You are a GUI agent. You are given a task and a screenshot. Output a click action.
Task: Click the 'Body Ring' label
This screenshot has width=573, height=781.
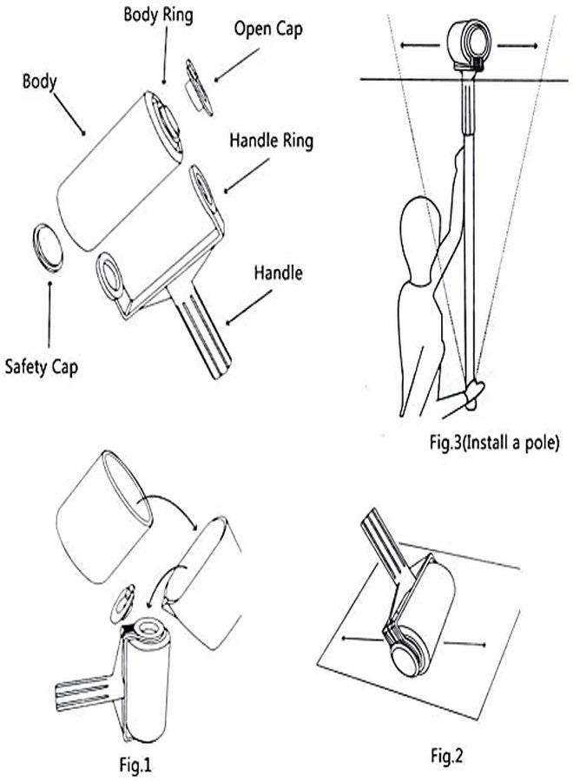(158, 15)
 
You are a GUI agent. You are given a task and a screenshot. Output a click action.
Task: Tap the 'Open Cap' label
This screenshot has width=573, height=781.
(268, 29)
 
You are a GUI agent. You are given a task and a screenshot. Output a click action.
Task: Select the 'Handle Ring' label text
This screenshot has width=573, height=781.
(272, 141)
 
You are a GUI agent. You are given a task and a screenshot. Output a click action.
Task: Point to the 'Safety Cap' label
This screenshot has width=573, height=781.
(42, 367)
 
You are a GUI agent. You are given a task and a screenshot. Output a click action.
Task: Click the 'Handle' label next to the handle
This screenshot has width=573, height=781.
(278, 273)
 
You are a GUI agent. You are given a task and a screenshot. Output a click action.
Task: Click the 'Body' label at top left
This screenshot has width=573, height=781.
(39, 82)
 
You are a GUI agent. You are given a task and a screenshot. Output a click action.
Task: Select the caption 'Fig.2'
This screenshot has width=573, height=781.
(446, 756)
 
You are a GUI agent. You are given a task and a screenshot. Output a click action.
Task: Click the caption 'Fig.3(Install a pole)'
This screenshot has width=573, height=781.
(494, 443)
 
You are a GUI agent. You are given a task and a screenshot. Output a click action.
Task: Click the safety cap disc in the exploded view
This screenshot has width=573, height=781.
(48, 248)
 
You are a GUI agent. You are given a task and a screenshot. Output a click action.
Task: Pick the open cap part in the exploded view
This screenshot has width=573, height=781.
(199, 89)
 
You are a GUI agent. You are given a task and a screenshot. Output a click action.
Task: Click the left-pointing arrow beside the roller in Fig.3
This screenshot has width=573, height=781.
(419, 45)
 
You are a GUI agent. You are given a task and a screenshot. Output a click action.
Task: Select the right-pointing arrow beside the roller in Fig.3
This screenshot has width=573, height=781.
(517, 46)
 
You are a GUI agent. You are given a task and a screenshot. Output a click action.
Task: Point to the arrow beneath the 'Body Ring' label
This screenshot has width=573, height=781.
(165, 55)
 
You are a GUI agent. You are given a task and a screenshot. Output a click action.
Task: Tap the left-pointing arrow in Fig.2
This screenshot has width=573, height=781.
(362, 638)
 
